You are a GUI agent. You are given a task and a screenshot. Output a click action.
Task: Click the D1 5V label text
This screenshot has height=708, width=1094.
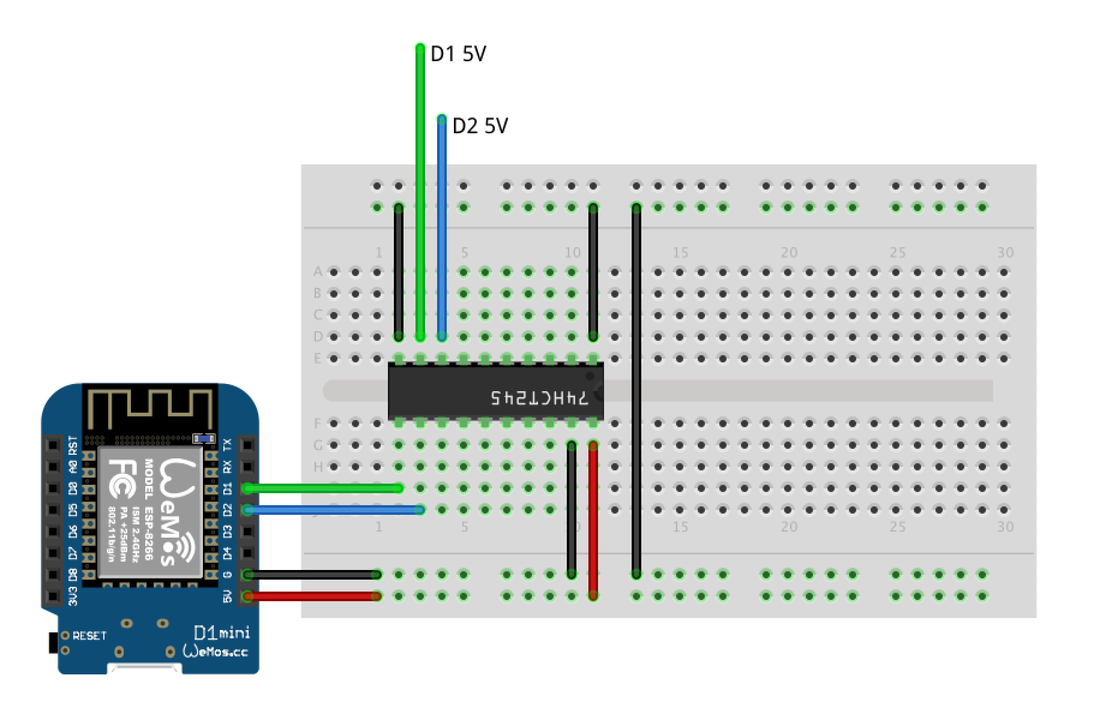pos(458,55)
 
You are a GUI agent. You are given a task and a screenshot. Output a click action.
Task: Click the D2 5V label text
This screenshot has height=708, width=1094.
pos(480,126)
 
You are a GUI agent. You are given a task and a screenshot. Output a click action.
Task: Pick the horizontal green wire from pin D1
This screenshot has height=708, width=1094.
pos(324,488)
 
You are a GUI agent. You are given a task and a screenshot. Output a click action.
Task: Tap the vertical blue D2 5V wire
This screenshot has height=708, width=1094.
pos(442,228)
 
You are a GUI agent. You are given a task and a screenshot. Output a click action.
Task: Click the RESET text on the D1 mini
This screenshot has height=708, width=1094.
pos(89,635)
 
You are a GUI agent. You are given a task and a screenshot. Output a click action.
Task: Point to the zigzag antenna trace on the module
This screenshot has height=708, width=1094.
pos(150,404)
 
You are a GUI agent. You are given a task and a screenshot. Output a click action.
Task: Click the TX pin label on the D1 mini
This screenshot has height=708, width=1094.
pos(228,445)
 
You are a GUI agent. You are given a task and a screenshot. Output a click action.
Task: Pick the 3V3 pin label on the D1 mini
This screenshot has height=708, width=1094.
pos(73,596)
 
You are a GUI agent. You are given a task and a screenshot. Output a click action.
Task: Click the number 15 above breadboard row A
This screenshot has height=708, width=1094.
pos(680,253)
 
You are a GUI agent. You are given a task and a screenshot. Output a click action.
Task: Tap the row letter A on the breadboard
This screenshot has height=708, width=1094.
pos(318,272)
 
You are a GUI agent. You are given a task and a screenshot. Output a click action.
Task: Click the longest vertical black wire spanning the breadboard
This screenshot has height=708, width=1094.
pos(636,390)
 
